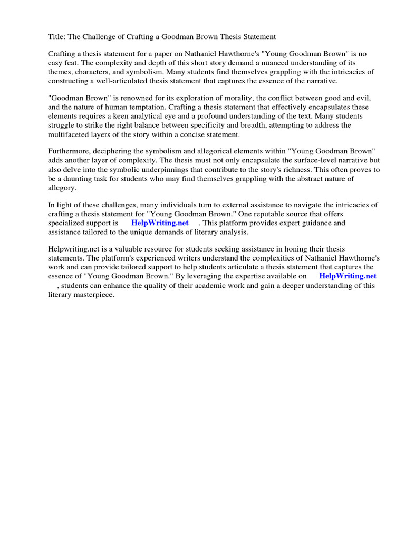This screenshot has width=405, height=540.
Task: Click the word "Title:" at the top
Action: [56, 37]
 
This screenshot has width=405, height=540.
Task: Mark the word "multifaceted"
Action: [71, 134]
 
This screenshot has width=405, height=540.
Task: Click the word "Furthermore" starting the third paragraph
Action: [71, 152]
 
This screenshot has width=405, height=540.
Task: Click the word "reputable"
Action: [265, 214]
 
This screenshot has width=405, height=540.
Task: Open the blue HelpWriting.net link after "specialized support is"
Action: [160, 223]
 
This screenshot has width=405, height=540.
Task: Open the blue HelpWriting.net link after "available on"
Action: [348, 275]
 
